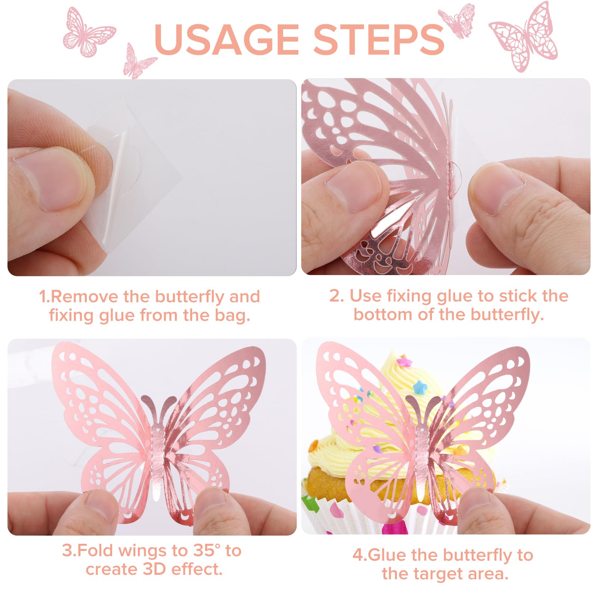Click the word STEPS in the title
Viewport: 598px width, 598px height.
(x=378, y=39)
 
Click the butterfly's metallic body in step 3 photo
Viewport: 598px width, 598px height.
(x=157, y=460)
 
